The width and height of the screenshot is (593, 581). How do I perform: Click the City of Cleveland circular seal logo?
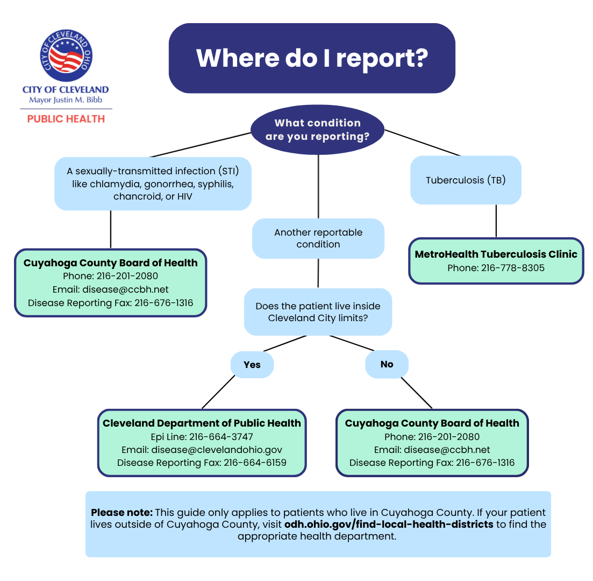pyautogui.click(x=66, y=55)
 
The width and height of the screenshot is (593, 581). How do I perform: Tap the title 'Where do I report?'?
pyautogui.click(x=312, y=58)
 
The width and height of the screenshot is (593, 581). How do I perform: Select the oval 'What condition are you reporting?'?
pyautogui.click(x=317, y=130)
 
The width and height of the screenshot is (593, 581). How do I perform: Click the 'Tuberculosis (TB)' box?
pyautogui.click(x=466, y=180)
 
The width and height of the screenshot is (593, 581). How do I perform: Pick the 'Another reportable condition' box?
pyautogui.click(x=318, y=238)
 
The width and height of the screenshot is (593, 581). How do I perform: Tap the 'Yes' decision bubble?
pyautogui.click(x=252, y=365)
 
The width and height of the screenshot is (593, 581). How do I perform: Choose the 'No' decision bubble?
pyautogui.click(x=387, y=364)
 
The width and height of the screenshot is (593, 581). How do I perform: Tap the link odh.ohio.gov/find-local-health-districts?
pyautogui.click(x=389, y=524)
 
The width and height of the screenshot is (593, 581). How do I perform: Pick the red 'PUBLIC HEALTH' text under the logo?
pyautogui.click(x=66, y=119)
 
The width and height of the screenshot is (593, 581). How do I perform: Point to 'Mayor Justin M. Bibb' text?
pyautogui.click(x=66, y=100)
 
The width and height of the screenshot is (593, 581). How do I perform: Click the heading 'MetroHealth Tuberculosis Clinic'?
pyautogui.click(x=496, y=254)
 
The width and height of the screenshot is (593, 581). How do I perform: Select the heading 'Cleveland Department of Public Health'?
pyautogui.click(x=202, y=423)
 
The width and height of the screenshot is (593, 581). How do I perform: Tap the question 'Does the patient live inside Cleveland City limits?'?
pyautogui.click(x=318, y=312)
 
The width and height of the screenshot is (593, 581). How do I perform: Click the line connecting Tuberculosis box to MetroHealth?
pyautogui.click(x=496, y=221)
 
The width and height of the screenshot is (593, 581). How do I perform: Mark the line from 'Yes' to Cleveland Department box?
pyautogui.click(x=218, y=392)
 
